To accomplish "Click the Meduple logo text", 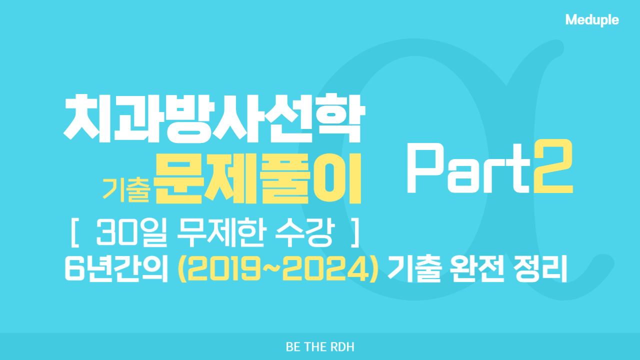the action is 592,20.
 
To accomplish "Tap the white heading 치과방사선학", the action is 214,118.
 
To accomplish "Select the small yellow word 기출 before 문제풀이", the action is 126,189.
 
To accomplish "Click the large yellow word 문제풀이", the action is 258,179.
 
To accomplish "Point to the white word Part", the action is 468,168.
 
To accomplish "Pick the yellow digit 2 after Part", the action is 553,166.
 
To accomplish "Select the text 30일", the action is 131,233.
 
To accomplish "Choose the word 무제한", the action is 221,232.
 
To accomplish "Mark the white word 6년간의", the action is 116,268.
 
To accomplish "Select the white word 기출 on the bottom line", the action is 414,268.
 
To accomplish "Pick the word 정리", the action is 540,268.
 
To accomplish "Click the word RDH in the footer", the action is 342,347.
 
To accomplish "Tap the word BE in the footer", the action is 293,347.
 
